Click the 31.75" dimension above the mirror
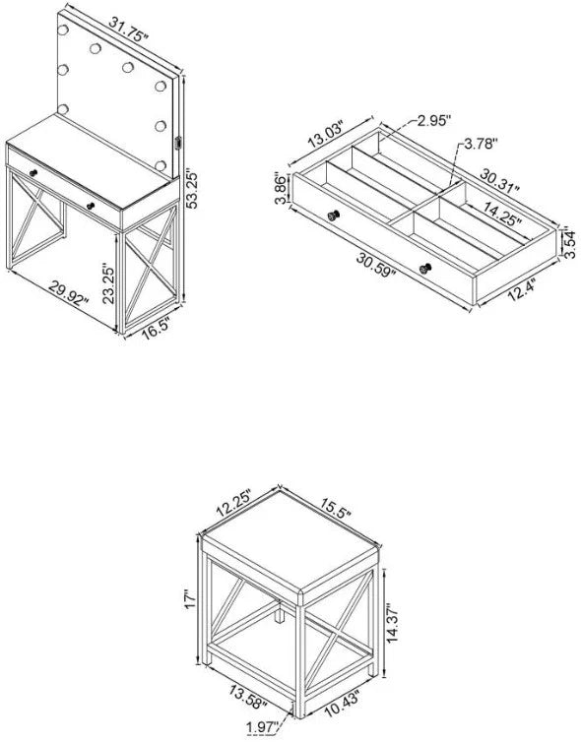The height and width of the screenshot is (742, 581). (129, 30)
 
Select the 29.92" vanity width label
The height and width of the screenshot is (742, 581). (69, 294)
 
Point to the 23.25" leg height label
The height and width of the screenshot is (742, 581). (108, 284)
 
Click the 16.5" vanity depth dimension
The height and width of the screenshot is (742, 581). (156, 330)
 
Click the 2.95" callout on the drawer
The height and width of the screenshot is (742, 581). (431, 120)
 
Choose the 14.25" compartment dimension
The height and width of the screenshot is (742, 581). (502, 214)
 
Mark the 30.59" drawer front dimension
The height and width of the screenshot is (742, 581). (376, 266)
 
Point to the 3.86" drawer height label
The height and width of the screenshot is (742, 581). (281, 189)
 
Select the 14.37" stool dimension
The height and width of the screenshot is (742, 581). (393, 622)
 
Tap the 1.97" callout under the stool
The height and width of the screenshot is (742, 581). (262, 728)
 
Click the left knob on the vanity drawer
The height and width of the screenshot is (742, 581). (33, 173)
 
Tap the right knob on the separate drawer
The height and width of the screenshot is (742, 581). (425, 269)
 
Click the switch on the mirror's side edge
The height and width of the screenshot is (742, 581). (178, 143)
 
